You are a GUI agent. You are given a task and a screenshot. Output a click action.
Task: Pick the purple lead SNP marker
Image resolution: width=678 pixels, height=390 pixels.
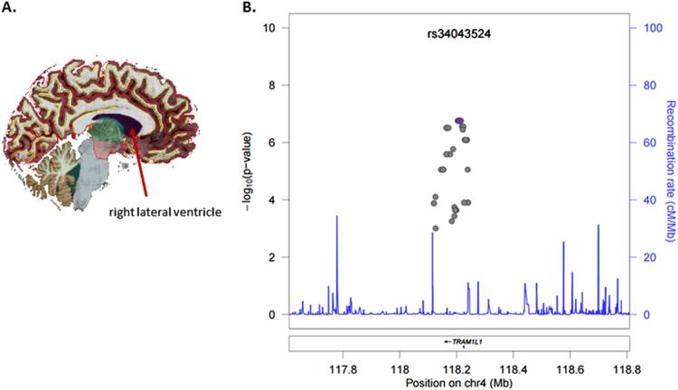click(x=459, y=119)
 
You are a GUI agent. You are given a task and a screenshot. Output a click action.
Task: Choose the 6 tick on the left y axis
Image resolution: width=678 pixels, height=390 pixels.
click(x=271, y=142)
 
